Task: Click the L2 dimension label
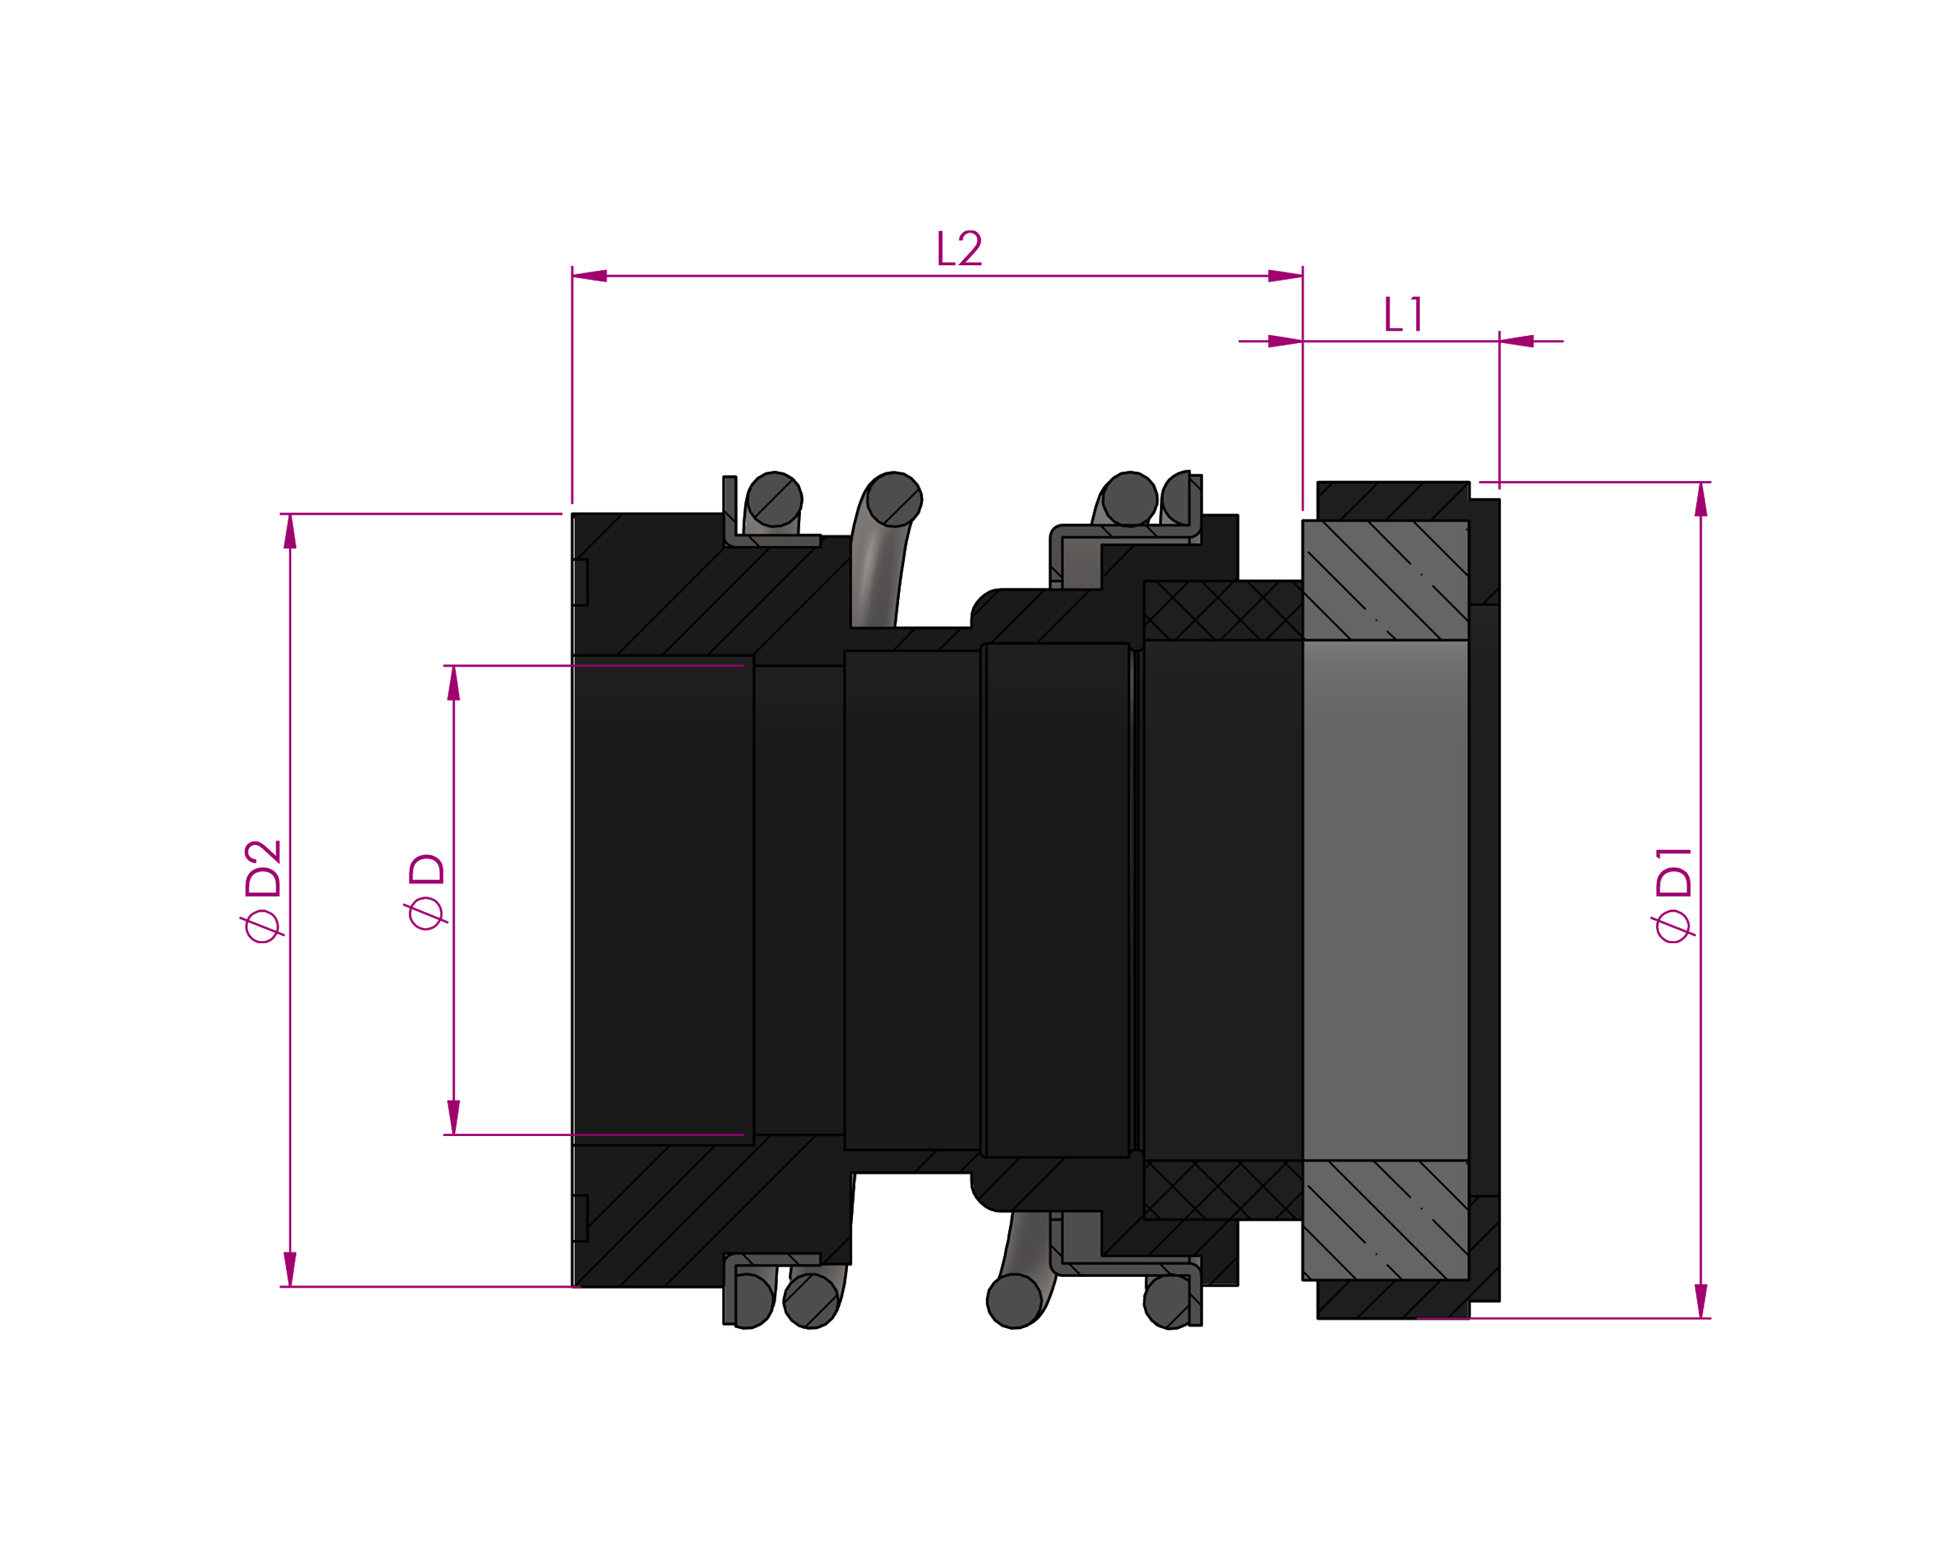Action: click(958, 248)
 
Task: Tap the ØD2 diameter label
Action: click(263, 890)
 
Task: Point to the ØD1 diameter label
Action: click(1673, 894)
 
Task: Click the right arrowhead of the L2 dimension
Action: click(1286, 276)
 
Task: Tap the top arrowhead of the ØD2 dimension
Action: click(290, 531)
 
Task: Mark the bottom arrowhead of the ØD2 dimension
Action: click(290, 1269)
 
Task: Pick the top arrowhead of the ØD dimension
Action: click(454, 682)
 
